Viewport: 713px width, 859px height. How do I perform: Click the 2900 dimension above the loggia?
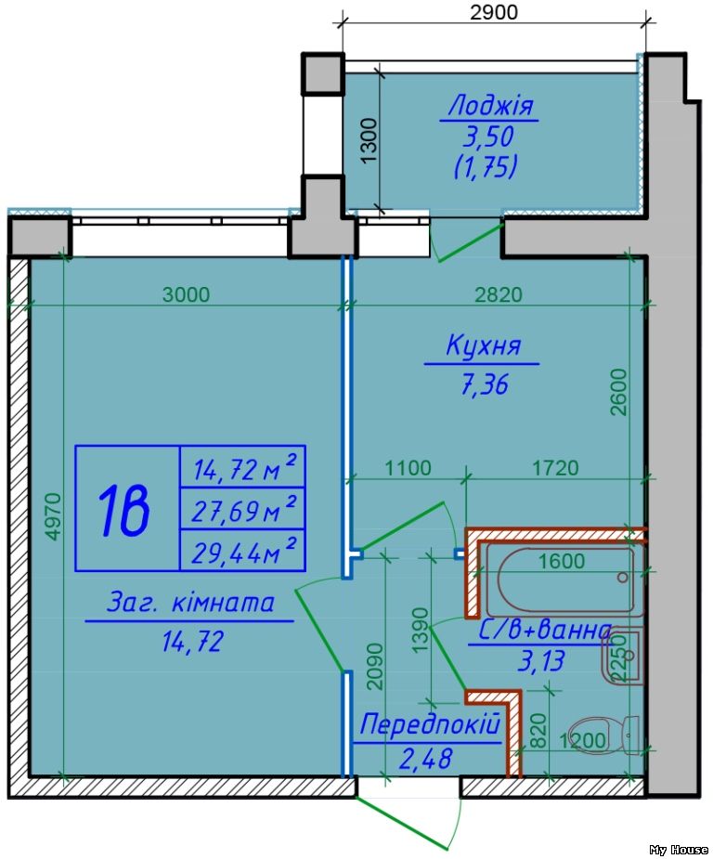tap(493, 12)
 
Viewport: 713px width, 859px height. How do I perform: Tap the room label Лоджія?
tap(491, 105)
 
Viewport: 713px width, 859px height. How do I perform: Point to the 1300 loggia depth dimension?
tap(369, 141)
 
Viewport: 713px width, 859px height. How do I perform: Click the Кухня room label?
tap(483, 347)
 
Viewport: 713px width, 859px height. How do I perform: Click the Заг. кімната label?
tap(190, 603)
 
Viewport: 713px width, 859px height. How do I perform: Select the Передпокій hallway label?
tap(430, 724)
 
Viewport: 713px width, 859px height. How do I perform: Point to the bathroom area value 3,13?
tap(540, 660)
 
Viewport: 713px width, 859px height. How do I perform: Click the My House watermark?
tap(678, 849)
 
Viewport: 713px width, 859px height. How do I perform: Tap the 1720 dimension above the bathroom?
tap(554, 468)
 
